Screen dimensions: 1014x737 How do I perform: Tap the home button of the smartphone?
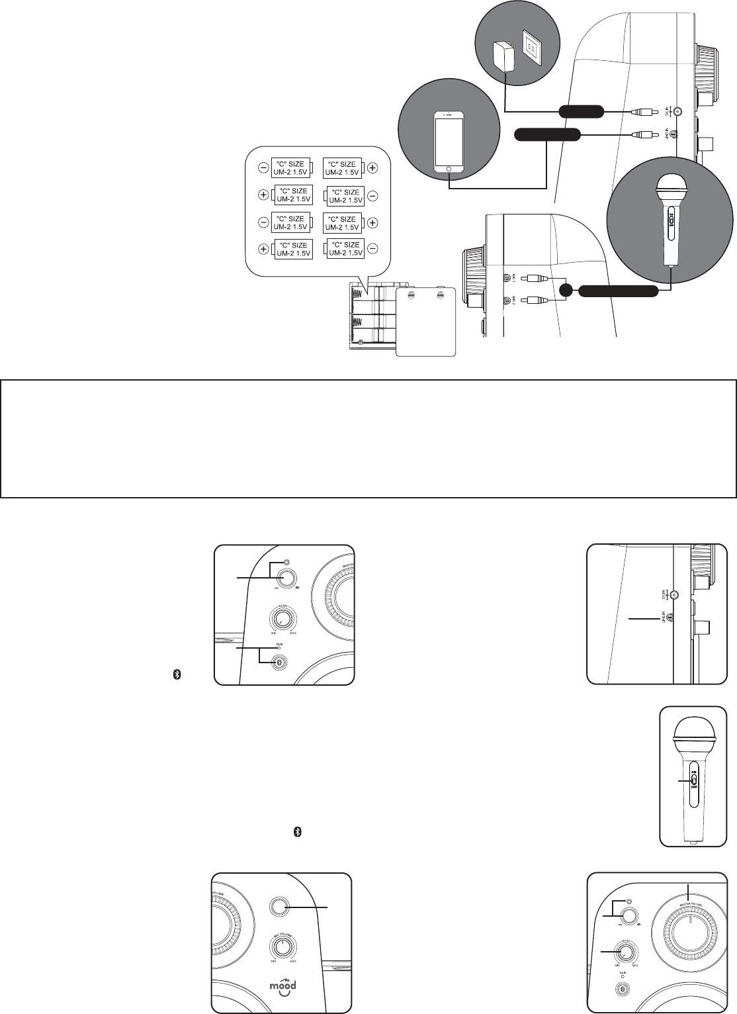449,169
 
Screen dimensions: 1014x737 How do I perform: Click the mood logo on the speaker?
282,985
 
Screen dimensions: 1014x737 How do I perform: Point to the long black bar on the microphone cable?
619,291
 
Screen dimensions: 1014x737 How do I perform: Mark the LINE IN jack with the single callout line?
670,618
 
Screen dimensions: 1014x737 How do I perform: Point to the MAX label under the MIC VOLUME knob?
293,960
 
